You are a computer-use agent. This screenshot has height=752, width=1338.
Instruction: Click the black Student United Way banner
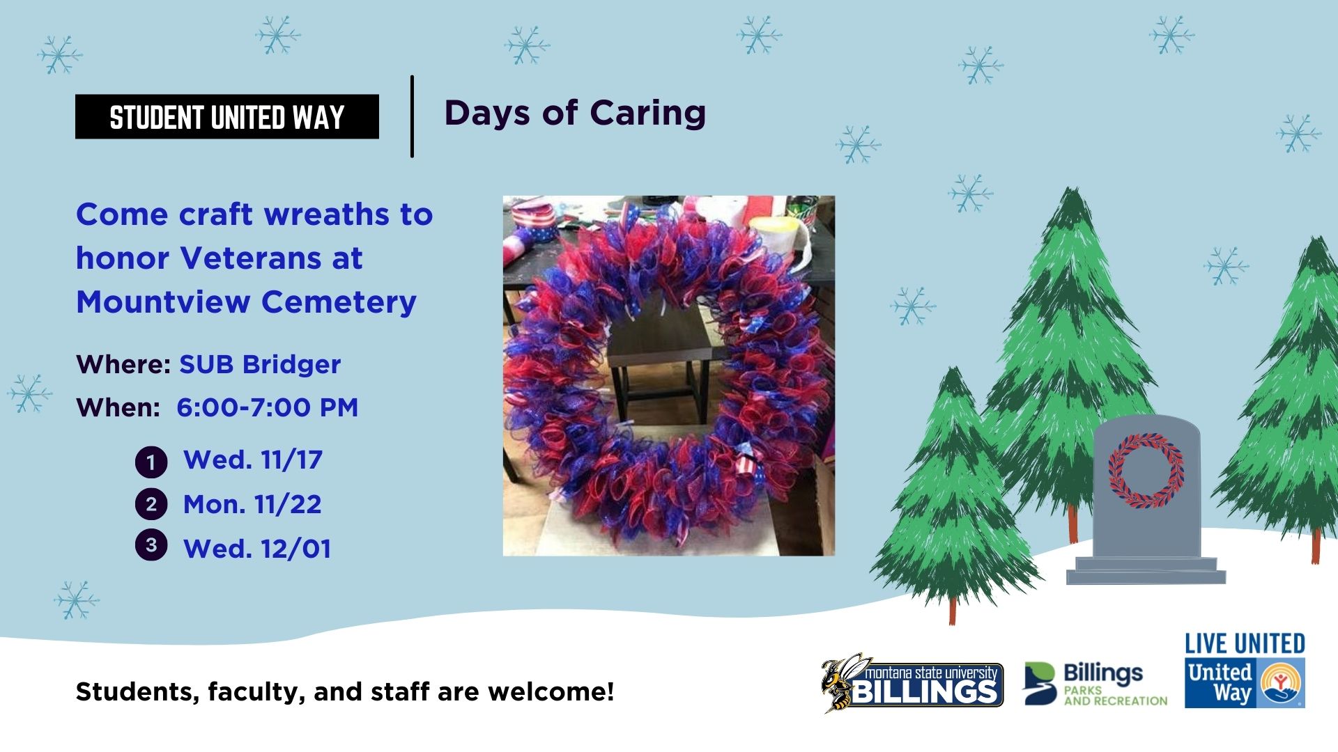(x=227, y=116)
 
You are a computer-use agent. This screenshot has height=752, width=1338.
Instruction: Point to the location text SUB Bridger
(x=260, y=364)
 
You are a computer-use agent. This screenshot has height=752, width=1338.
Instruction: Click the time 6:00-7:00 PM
(x=268, y=407)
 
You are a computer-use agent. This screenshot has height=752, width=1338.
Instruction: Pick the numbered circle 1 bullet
(x=151, y=462)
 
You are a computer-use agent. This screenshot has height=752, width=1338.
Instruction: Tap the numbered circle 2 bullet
(x=151, y=505)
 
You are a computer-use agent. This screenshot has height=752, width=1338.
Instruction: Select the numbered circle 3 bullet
(x=151, y=545)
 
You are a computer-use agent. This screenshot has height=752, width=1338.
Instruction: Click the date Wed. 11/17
(x=253, y=460)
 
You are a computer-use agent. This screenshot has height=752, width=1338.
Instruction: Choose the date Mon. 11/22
(x=252, y=505)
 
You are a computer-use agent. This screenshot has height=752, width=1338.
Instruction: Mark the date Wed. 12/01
(x=257, y=549)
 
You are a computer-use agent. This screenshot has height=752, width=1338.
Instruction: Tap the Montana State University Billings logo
(x=912, y=683)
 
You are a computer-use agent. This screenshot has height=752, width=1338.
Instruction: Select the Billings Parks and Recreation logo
(x=1095, y=684)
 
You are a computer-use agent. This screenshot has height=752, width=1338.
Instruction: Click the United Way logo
(x=1245, y=684)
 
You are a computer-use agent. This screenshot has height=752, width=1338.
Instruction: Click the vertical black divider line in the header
(x=413, y=116)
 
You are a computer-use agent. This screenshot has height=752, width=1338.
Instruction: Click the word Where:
(x=123, y=364)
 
